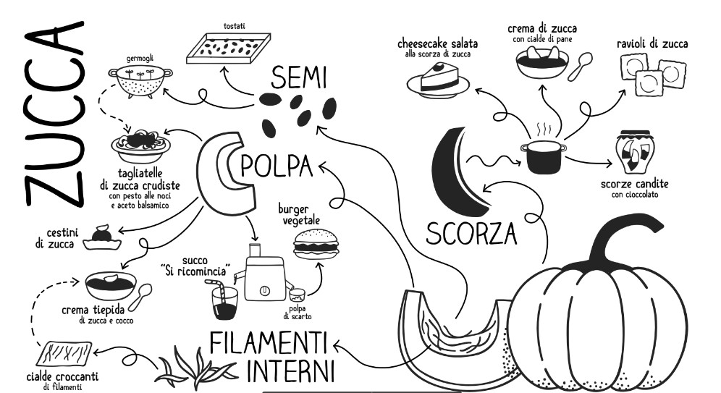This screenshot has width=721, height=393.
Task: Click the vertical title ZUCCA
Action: pos(54,114)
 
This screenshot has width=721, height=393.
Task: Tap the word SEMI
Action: pos(298,77)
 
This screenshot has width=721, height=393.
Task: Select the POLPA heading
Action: pos(277,166)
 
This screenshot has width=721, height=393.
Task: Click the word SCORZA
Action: pos(471,234)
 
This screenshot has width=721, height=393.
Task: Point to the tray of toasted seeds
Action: pos(228,48)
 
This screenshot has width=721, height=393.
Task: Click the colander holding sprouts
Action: pos(140,81)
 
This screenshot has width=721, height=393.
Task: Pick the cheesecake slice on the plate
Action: pos(438,80)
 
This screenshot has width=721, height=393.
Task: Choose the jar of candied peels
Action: pos(635,152)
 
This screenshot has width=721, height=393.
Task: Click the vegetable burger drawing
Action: pos(316,244)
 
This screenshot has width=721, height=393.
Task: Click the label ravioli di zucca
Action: pos(652,43)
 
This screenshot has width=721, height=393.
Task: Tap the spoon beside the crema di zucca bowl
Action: pos(581,66)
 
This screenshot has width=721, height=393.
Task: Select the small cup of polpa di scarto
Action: pos(297,296)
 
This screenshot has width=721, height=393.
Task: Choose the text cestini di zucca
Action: pos(56,237)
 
